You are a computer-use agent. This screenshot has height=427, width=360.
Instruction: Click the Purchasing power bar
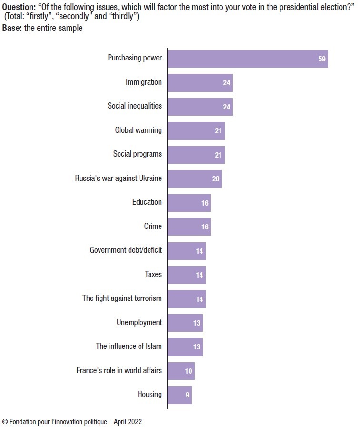(x=248, y=58)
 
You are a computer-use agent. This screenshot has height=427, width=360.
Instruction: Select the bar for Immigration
(x=200, y=82)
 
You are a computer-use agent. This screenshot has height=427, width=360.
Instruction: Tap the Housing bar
(x=180, y=395)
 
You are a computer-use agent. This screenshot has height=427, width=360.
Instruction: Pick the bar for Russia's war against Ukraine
(x=194, y=179)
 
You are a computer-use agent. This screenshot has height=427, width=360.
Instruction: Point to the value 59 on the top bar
(x=322, y=59)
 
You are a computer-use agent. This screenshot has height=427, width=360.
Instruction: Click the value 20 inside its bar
(x=216, y=179)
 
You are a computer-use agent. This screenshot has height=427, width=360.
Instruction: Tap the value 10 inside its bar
(x=189, y=371)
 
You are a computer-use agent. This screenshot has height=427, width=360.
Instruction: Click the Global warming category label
(x=138, y=130)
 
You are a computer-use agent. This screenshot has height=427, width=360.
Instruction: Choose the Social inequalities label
(x=134, y=106)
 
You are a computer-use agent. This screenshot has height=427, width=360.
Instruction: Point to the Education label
(x=147, y=202)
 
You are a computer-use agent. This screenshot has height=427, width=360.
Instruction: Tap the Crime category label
(x=152, y=226)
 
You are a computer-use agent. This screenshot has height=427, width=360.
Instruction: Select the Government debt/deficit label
(x=126, y=250)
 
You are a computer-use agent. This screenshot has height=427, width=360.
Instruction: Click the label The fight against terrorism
(x=122, y=298)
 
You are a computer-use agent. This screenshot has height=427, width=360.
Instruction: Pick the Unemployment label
(x=139, y=322)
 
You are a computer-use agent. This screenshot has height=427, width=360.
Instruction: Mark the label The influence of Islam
(x=129, y=346)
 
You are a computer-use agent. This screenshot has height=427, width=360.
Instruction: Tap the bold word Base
(x=11, y=28)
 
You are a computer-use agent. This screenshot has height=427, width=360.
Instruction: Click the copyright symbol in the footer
(x=5, y=422)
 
